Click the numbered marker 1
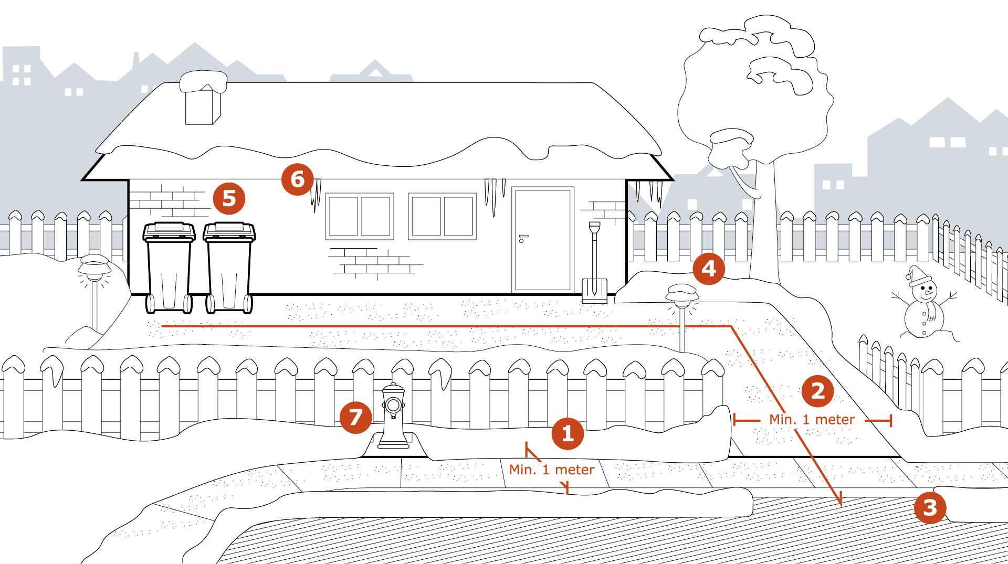tap(568, 434)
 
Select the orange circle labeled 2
tap(817, 391)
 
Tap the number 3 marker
tap(930, 508)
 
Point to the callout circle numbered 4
tap(709, 269)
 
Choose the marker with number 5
tap(229, 199)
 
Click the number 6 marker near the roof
tap(298, 179)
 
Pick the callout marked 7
tap(356, 418)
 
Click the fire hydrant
tap(393, 417)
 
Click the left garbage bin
tap(169, 268)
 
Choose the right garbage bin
tap(229, 268)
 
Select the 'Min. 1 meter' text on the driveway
tap(812, 420)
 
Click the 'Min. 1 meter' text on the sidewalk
tap(552, 470)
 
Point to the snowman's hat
tap(918, 274)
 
